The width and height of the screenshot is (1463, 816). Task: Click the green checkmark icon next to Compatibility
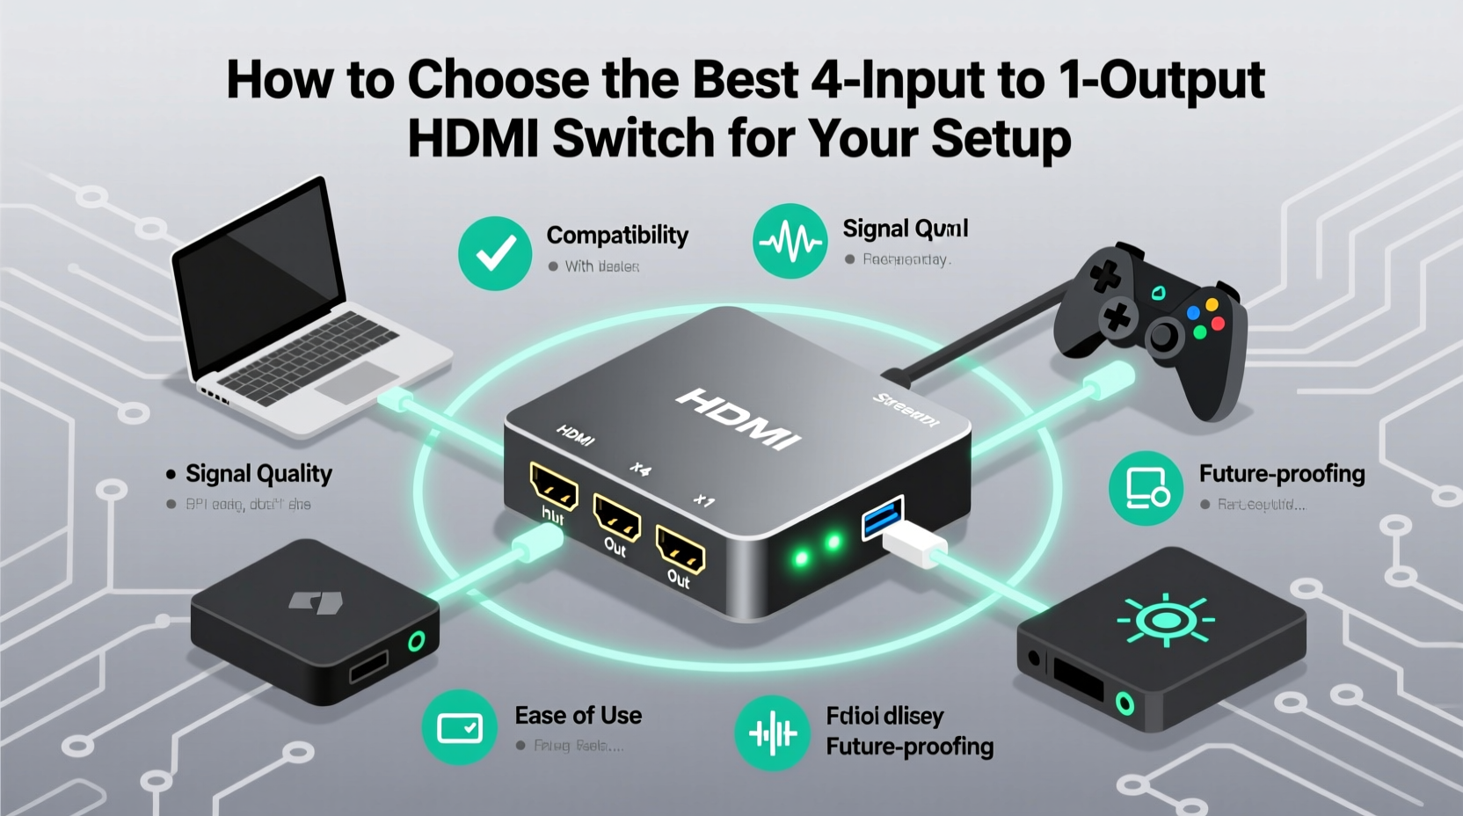click(495, 253)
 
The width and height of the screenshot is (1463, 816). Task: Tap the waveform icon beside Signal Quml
click(790, 241)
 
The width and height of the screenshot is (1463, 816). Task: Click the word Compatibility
click(617, 235)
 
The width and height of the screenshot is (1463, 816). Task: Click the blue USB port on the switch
click(883, 516)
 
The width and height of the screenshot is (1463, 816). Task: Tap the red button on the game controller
click(1218, 324)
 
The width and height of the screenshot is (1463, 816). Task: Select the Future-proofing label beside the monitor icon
click(1281, 474)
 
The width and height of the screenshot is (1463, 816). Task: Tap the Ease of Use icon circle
click(459, 728)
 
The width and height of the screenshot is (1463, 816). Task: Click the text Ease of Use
click(578, 716)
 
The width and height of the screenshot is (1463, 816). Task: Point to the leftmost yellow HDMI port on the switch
click(554, 486)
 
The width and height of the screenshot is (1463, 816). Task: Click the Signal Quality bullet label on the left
click(258, 474)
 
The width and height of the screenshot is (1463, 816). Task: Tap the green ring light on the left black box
click(416, 641)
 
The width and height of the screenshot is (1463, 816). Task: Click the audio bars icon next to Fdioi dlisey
click(772, 732)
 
